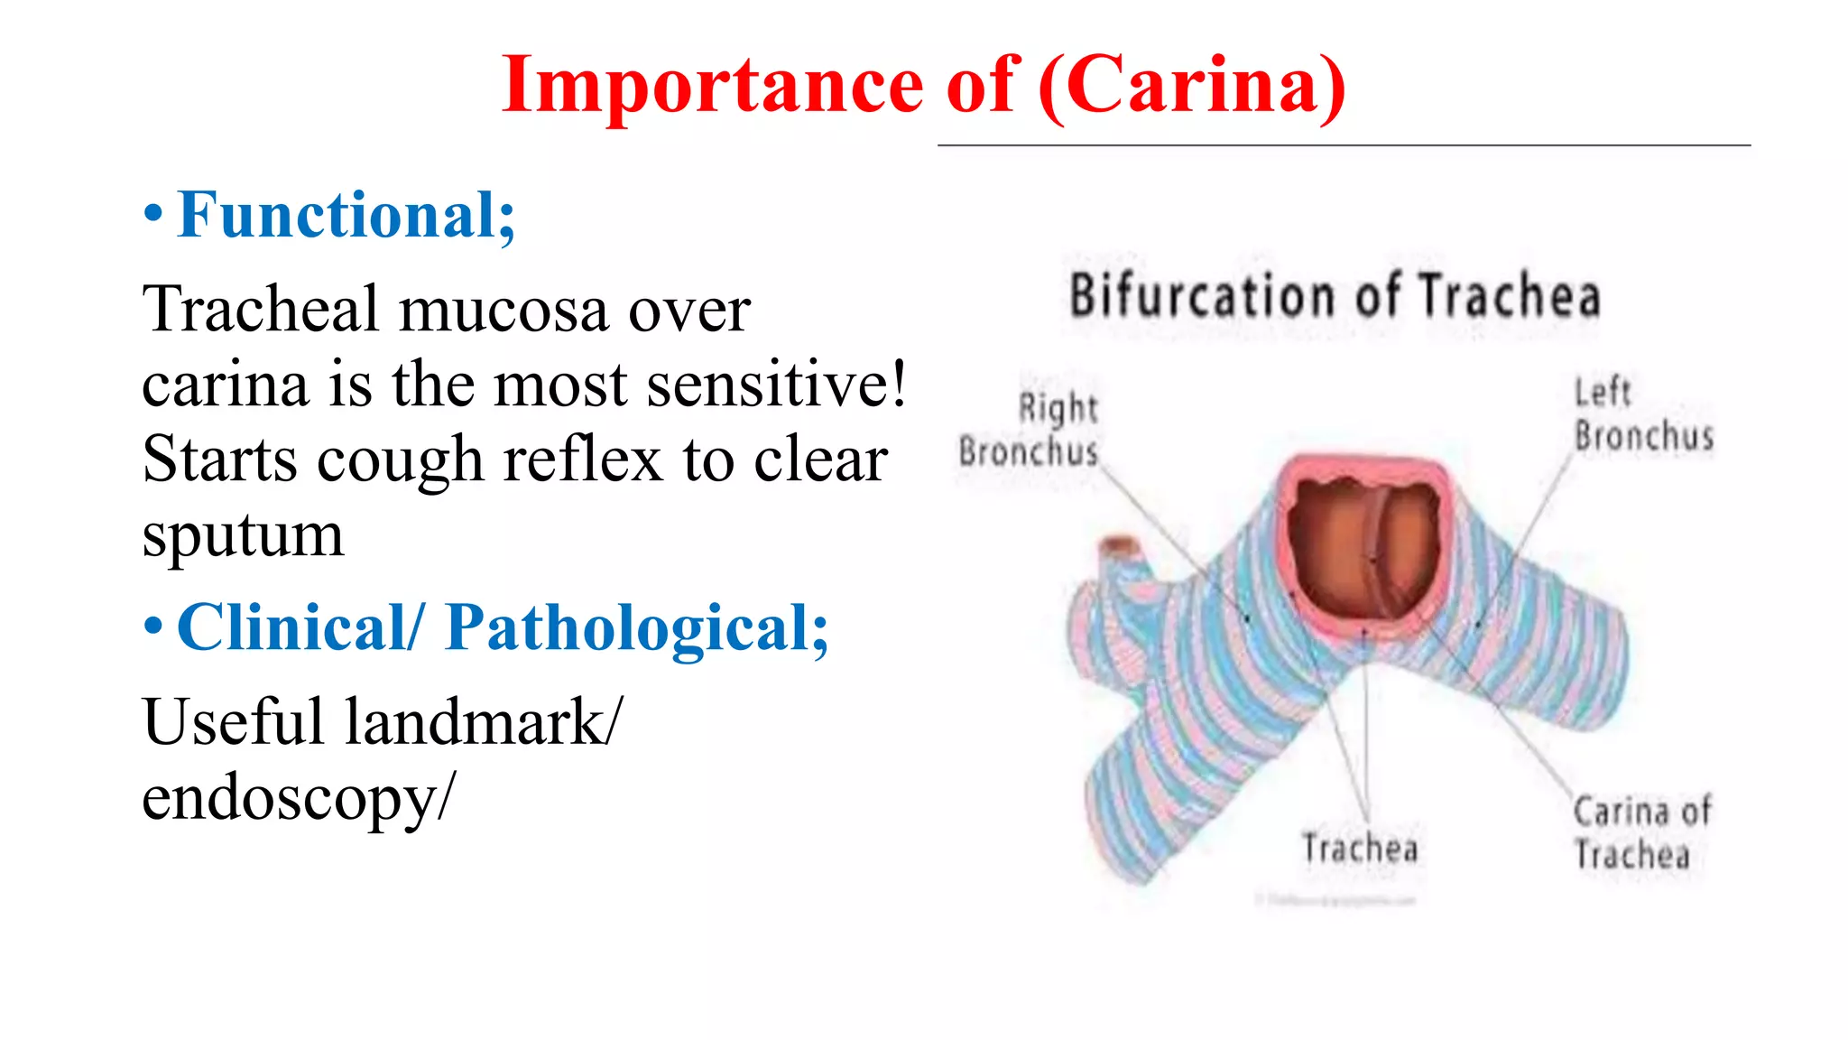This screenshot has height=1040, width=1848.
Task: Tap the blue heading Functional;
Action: coord(346,216)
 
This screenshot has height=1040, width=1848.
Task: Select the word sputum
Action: coord(243,536)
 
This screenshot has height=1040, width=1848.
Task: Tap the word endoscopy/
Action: coord(299,798)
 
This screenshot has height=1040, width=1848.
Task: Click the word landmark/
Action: coord(483,722)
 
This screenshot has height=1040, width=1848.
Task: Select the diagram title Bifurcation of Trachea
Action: coord(1335,296)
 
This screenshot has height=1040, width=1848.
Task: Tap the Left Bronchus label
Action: coord(1642,415)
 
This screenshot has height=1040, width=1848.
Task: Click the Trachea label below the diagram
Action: coord(1360,849)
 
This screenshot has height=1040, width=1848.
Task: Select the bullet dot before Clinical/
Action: coord(153,626)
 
